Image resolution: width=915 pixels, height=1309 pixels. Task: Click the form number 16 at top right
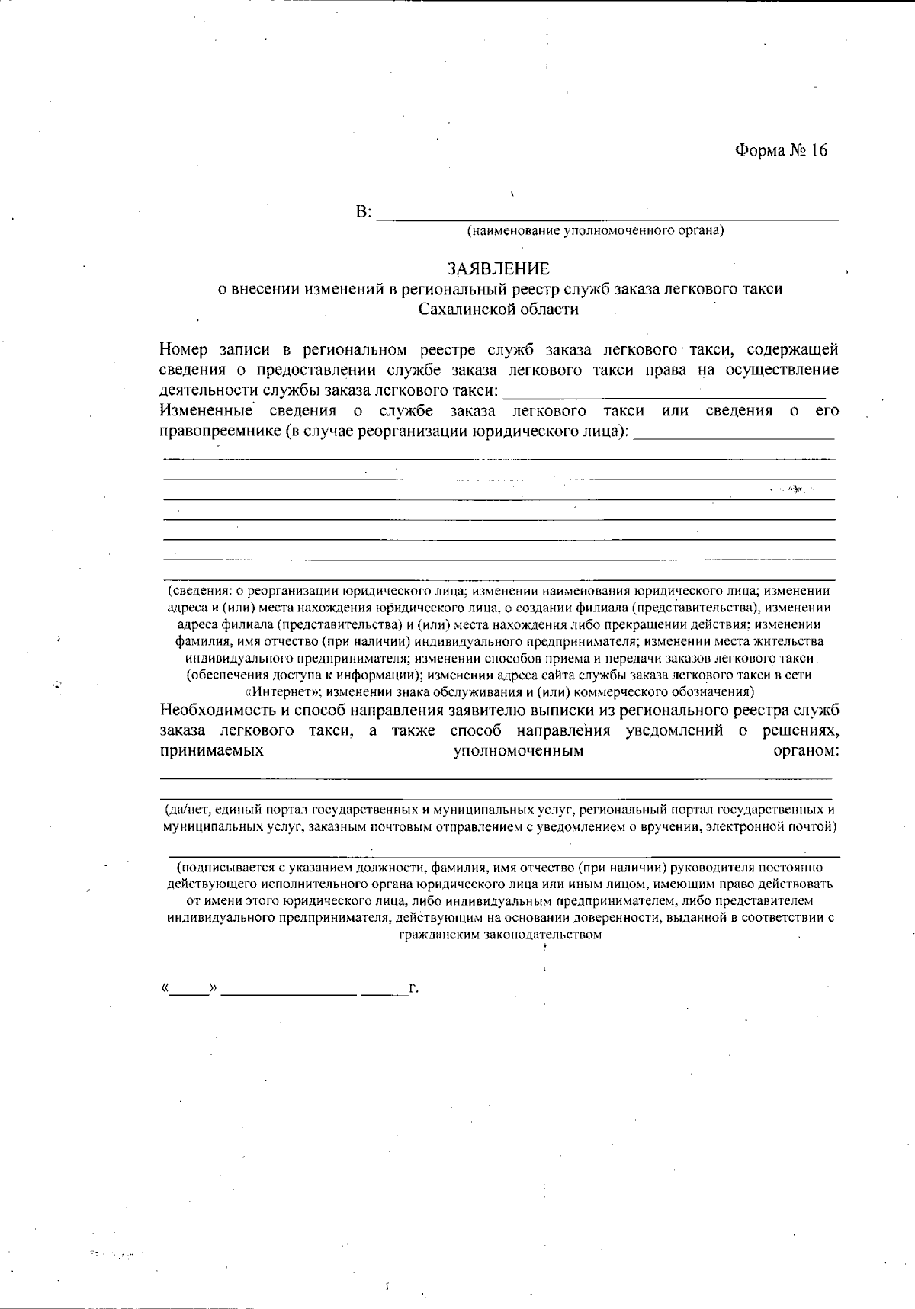pyautogui.click(x=781, y=150)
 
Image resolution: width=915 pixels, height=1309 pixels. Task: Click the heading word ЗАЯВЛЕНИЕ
pyautogui.click(x=498, y=269)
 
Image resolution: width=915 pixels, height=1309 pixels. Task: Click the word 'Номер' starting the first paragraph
pyautogui.click(x=183, y=350)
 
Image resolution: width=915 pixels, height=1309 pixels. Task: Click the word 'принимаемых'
pyautogui.click(x=212, y=751)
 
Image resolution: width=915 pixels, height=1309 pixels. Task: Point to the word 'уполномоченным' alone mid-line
pyautogui.click(x=518, y=751)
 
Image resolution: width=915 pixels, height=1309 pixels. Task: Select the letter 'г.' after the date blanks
pyautogui.click(x=414, y=990)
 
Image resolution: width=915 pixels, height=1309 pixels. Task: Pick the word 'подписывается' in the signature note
pyautogui.click(x=218, y=868)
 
